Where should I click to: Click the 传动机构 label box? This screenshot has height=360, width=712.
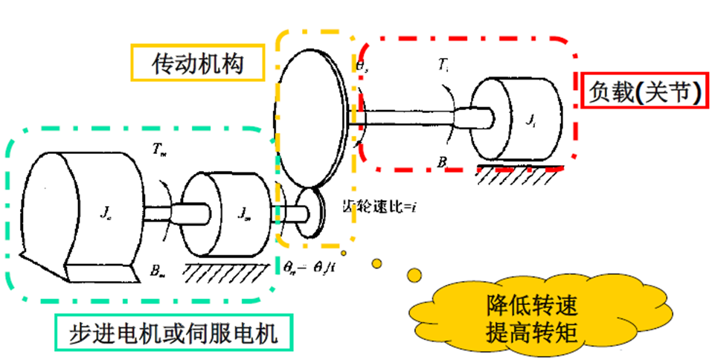click(x=198, y=62)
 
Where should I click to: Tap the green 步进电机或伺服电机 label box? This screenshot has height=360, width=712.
click(x=173, y=333)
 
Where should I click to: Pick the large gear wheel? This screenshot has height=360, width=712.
click(x=311, y=119)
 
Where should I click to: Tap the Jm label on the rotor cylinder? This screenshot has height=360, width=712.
click(x=243, y=213)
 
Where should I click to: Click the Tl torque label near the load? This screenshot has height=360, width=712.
click(x=444, y=65)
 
